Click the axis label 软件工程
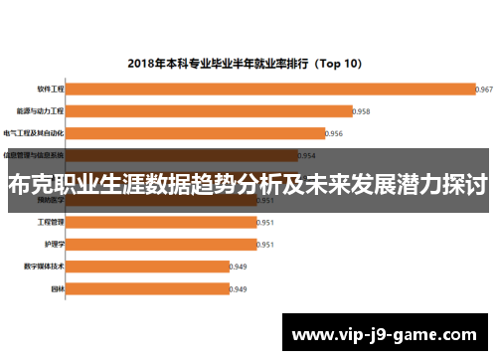[x=51, y=89]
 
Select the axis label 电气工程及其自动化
[x=34, y=133]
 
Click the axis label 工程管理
[x=51, y=222]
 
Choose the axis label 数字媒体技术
[x=44, y=267]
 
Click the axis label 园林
[x=58, y=288]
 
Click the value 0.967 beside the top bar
[x=485, y=90]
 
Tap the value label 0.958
[x=361, y=111]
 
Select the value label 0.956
[x=334, y=133]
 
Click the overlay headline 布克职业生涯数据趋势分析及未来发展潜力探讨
[x=248, y=184]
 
